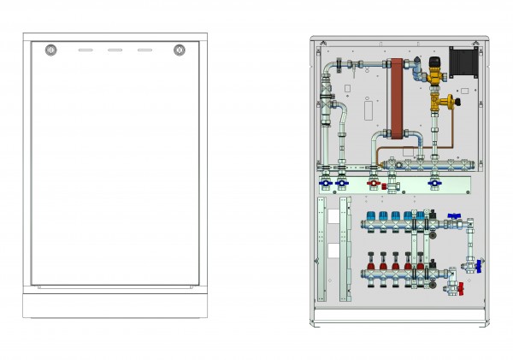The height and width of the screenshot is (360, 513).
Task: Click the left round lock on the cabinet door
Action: point(50,50)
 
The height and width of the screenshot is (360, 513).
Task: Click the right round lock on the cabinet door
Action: point(180,50)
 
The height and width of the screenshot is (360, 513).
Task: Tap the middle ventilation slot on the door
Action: point(115,50)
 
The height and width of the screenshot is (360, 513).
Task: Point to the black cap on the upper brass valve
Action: point(435,62)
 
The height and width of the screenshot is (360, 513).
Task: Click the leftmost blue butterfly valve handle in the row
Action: point(326,181)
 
